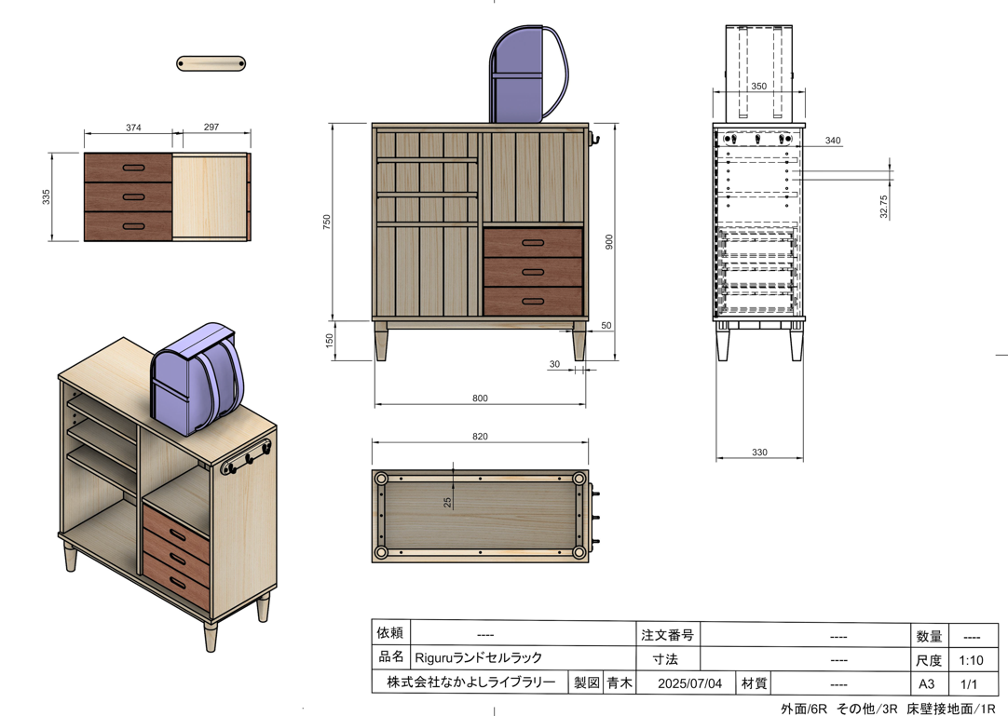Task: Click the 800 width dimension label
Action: pos(480,399)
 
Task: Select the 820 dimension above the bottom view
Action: pos(480,437)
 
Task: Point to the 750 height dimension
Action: pos(327,223)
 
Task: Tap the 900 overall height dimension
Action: pos(608,242)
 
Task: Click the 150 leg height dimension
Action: pos(330,340)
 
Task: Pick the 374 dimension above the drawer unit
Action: pos(133,128)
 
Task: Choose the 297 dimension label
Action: pos(211,128)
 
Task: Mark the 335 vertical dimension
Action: pos(47,197)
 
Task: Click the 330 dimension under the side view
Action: pos(759,453)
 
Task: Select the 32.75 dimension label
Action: pos(883,207)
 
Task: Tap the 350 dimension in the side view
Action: pos(758,87)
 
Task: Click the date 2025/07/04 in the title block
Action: pos(689,683)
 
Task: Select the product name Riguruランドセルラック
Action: pos(479,657)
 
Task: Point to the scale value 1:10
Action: pos(972,660)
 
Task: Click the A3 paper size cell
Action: pos(926,683)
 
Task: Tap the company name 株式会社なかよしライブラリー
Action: pos(471,682)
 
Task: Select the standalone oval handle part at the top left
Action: pos(211,63)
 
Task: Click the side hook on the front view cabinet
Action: pos(594,139)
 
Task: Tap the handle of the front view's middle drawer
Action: pos(533,272)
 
